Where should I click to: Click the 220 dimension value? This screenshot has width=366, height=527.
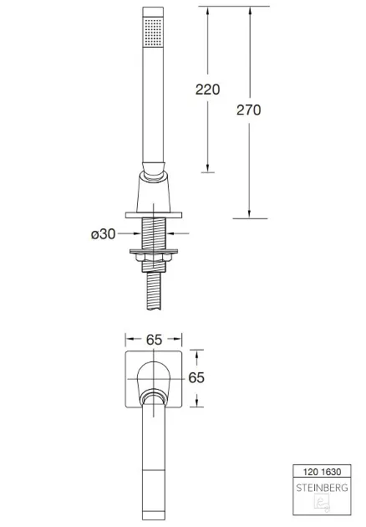pyautogui.click(x=207, y=90)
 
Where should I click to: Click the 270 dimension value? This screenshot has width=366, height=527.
pyautogui.click(x=248, y=110)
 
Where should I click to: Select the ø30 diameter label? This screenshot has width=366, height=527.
pyautogui.click(x=103, y=234)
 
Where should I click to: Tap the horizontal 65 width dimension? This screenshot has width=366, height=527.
pyautogui.click(x=154, y=340)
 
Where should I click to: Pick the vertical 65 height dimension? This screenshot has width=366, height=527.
pyautogui.click(x=196, y=378)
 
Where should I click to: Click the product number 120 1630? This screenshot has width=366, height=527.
pyautogui.click(x=322, y=472)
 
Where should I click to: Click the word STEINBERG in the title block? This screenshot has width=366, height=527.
pyautogui.click(x=322, y=488)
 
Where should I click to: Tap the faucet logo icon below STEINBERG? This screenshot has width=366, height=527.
pyautogui.click(x=322, y=503)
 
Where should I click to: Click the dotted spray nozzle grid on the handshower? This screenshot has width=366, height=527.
pyautogui.click(x=154, y=32)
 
